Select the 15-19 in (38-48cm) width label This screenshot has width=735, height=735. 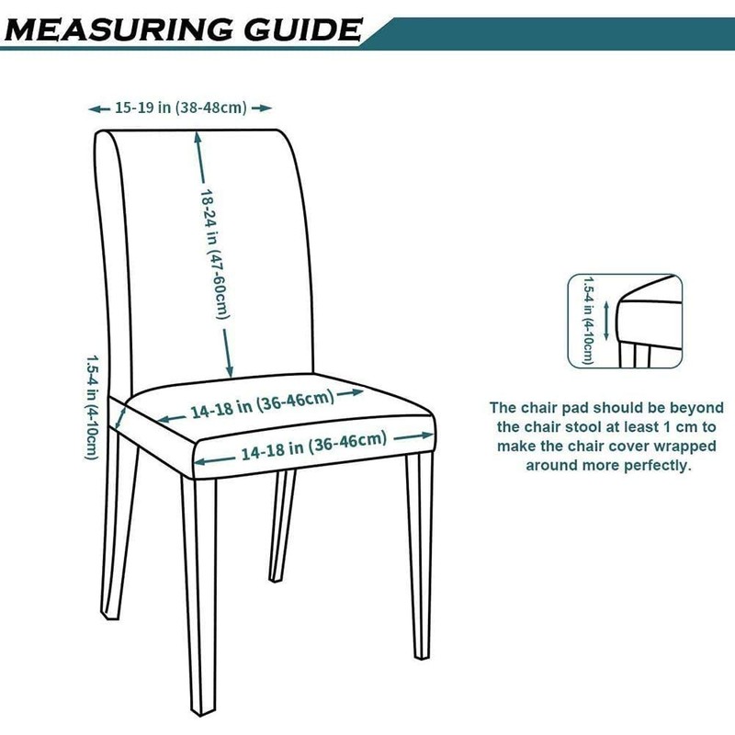[x=181, y=108]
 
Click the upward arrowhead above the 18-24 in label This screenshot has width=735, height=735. [x=198, y=136]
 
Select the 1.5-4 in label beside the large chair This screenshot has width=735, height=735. [x=91, y=408]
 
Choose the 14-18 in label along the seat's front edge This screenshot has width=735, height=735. [x=313, y=447]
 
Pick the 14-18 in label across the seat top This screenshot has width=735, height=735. [x=263, y=405]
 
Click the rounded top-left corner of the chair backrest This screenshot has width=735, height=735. [x=103, y=138]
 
